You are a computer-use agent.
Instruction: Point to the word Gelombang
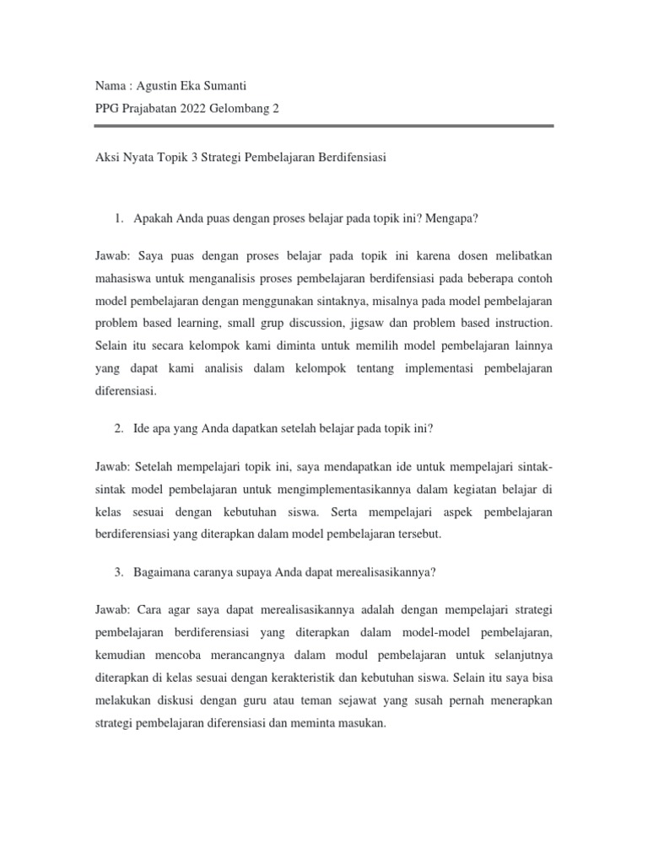(x=242, y=109)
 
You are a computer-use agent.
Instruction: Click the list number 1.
(x=118, y=219)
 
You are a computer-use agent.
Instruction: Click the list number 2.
(x=118, y=428)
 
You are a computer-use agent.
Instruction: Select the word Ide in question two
(x=143, y=428)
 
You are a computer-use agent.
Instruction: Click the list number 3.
(x=118, y=572)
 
